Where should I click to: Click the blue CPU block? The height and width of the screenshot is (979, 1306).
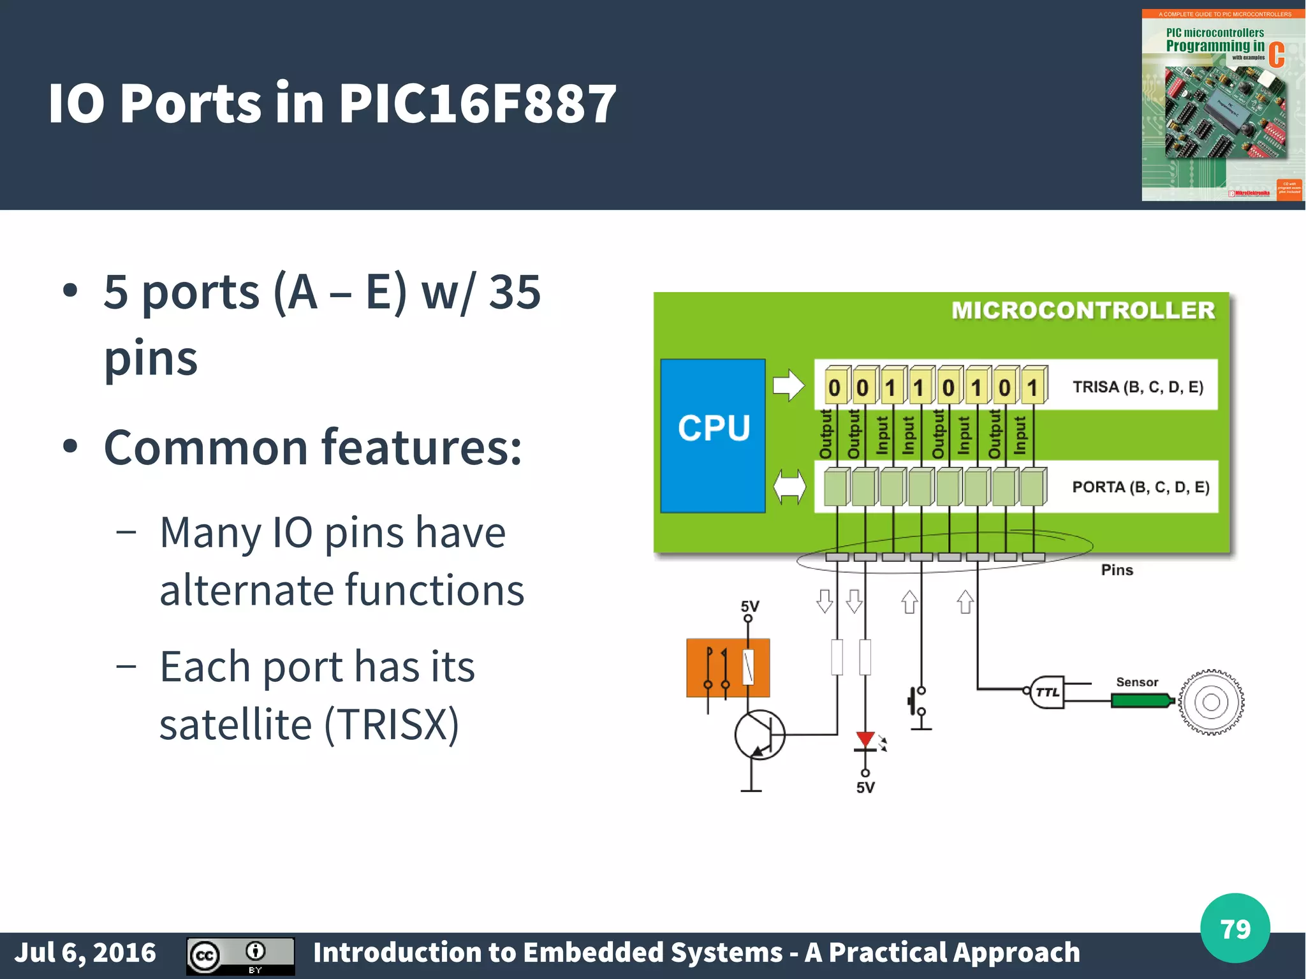click(713, 436)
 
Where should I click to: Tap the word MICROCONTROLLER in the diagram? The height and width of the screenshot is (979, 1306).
click(1083, 311)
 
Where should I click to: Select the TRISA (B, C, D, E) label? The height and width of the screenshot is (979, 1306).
click(1138, 387)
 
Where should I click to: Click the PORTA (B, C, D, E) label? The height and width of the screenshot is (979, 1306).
click(1140, 487)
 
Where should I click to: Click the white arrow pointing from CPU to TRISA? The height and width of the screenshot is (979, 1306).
click(789, 385)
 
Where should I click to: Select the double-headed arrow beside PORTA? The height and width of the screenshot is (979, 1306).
click(789, 487)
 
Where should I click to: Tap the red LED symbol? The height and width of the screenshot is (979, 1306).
click(865, 740)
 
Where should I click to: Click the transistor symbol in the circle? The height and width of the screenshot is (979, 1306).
click(759, 735)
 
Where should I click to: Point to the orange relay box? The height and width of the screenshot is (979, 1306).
click(728, 668)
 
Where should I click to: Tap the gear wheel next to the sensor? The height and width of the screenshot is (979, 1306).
click(1210, 702)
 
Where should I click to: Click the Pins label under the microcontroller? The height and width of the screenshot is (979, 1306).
click(1117, 570)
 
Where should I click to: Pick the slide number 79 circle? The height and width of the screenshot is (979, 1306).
click(1235, 929)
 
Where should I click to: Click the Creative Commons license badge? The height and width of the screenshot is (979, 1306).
click(240, 956)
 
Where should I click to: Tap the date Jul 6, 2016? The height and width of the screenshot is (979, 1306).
click(85, 953)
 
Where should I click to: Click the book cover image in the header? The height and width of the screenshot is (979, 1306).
click(1222, 105)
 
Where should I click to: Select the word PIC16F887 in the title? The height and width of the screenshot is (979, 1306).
click(477, 103)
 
